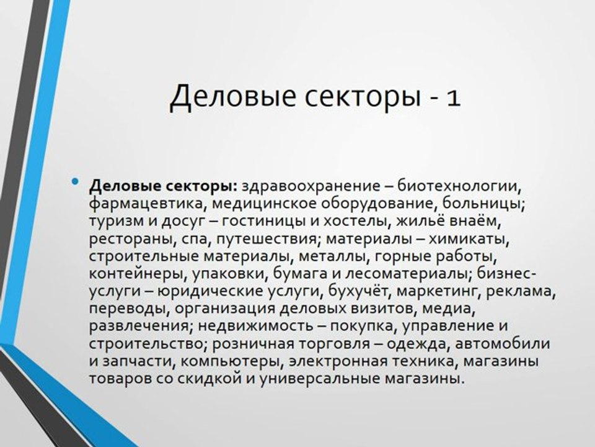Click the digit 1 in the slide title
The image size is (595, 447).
pos(451,97)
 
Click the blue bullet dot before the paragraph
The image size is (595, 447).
pos(76,181)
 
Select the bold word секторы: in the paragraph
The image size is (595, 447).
pos(202,186)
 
